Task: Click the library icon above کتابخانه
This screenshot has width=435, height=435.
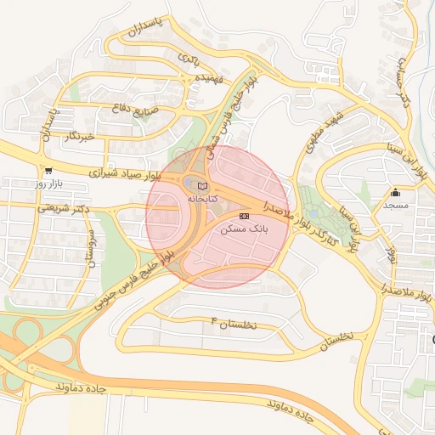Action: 202,185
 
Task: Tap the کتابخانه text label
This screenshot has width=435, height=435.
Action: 202,198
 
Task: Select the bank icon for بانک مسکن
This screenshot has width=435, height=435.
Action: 245,217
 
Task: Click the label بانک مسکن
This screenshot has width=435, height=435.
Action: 244,230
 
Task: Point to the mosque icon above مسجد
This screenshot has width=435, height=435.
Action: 395,193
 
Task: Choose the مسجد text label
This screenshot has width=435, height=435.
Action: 395,206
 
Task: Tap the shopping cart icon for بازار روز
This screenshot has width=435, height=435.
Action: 48,171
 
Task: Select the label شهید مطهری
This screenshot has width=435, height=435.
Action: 326,127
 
